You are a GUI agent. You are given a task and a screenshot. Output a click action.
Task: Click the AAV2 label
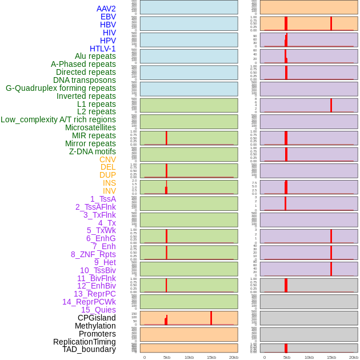tap(106, 9)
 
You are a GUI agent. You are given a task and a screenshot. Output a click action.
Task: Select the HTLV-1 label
tap(102, 49)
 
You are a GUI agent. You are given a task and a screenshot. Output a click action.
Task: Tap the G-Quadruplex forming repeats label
tap(61, 88)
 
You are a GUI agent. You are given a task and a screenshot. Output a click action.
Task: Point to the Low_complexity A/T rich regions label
tap(58, 119)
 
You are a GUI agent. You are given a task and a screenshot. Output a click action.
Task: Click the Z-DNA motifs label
tap(93, 151)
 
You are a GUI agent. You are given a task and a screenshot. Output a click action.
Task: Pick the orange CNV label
tap(107, 159)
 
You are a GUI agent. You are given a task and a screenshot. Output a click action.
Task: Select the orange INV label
tap(109, 191)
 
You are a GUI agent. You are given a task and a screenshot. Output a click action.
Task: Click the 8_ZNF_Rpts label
tap(93, 254)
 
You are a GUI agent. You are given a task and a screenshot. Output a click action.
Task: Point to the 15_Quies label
tap(98, 310)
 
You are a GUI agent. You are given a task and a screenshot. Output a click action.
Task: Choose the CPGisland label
tap(97, 318)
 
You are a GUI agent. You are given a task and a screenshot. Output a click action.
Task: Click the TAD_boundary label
tap(89, 349)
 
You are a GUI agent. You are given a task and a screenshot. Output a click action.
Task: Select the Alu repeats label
tap(95, 56)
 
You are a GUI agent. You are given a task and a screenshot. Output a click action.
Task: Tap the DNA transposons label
tap(85, 80)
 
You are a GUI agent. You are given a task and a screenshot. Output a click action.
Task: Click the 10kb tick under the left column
tap(189, 357)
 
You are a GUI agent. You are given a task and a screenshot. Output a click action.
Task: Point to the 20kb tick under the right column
tap(354, 357)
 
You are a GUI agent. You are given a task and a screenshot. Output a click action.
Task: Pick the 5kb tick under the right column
tap(287, 357)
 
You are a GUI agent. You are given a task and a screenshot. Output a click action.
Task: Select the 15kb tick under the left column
tap(211, 357)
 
